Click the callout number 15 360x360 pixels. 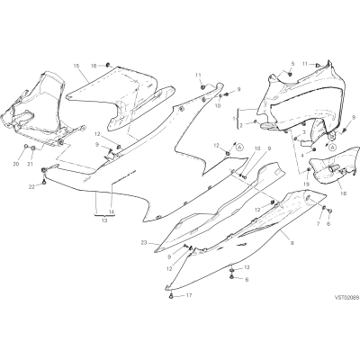pos(76,66)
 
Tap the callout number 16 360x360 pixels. pos(94,66)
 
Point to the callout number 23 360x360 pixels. pos(144,243)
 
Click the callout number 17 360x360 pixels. pos(189,295)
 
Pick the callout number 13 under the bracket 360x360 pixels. pos(104,220)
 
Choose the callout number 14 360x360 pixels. pos(112,211)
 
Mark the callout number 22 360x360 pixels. pos(32,187)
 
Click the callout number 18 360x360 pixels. pos(343,193)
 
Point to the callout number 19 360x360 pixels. pos(306,184)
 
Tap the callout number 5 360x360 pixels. pos(292,64)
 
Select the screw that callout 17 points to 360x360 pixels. pos(171,296)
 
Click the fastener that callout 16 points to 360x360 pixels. pos(108,65)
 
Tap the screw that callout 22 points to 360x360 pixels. pos(45,182)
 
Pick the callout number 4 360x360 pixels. pos(303,156)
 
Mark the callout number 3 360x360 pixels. pos(304,131)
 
